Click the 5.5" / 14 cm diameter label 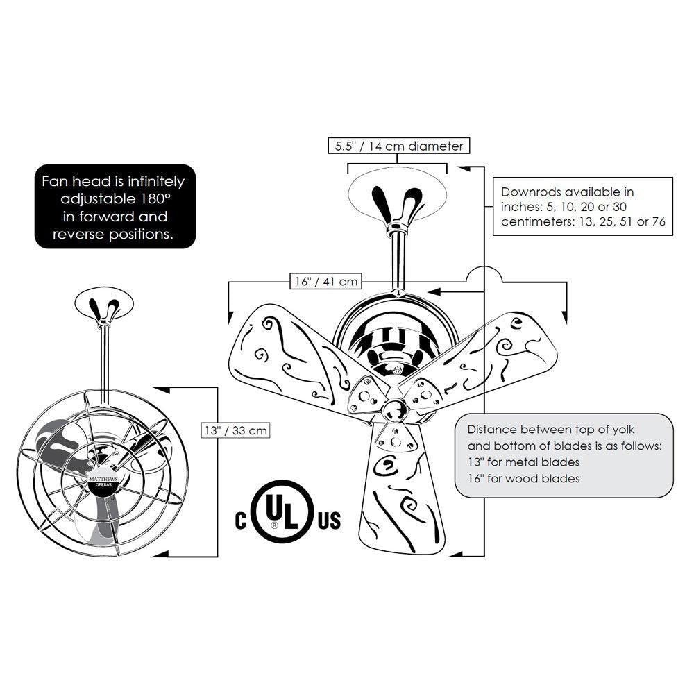[399, 146]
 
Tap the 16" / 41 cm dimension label [326, 282]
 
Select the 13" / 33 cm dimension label [235, 430]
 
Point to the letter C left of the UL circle [241, 520]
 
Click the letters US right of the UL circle [329, 520]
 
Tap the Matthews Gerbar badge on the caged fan [103, 482]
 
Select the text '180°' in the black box [155, 198]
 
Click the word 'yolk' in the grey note [623, 430]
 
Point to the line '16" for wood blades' [523, 478]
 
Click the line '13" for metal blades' [523, 462]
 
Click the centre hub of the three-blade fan [396, 409]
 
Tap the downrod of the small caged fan [105, 359]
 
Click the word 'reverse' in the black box [79, 234]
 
